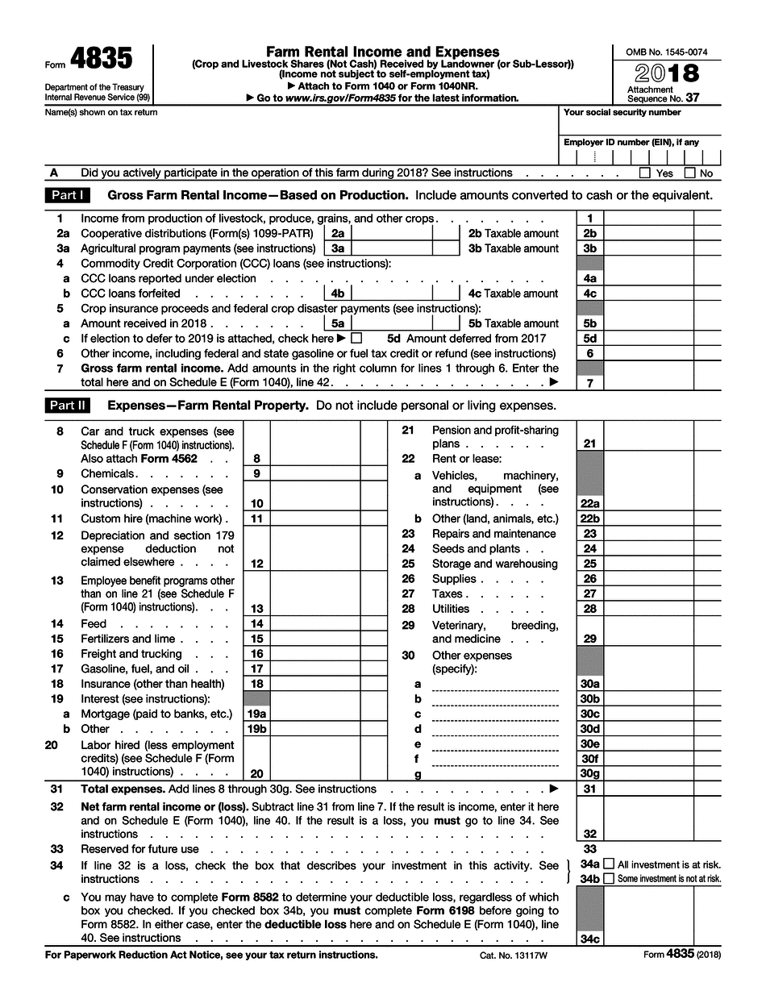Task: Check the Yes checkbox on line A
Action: coord(644,173)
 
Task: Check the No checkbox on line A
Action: coord(689,173)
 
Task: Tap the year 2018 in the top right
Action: coord(667,73)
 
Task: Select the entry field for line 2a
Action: coord(391,233)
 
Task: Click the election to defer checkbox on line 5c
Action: coord(356,339)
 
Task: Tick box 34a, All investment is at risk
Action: coord(609,864)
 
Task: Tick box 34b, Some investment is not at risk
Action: coord(609,878)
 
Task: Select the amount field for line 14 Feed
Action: coord(314,623)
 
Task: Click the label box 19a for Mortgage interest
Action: coord(256,714)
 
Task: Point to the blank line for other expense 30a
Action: coord(495,684)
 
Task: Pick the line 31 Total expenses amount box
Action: coord(648,789)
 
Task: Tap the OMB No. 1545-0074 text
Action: coord(666,52)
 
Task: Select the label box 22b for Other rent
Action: coord(589,518)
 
